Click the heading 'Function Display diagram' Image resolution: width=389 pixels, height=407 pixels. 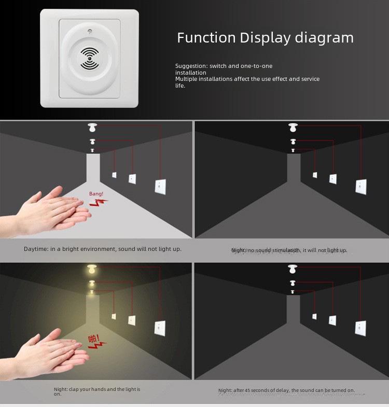(x=265, y=38)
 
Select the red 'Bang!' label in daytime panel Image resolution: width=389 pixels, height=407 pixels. (x=96, y=194)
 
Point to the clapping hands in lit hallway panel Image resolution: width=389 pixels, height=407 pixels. (x=49, y=353)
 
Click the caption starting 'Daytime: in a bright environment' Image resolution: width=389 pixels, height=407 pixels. (x=103, y=249)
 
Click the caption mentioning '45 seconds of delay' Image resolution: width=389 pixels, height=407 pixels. (x=286, y=390)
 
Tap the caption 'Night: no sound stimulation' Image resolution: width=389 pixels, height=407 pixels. (x=289, y=250)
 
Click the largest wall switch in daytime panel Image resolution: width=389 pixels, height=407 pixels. (x=160, y=186)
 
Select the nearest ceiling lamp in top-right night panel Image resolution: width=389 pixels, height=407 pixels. (x=293, y=127)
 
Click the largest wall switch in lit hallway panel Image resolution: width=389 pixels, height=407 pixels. (x=160, y=327)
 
